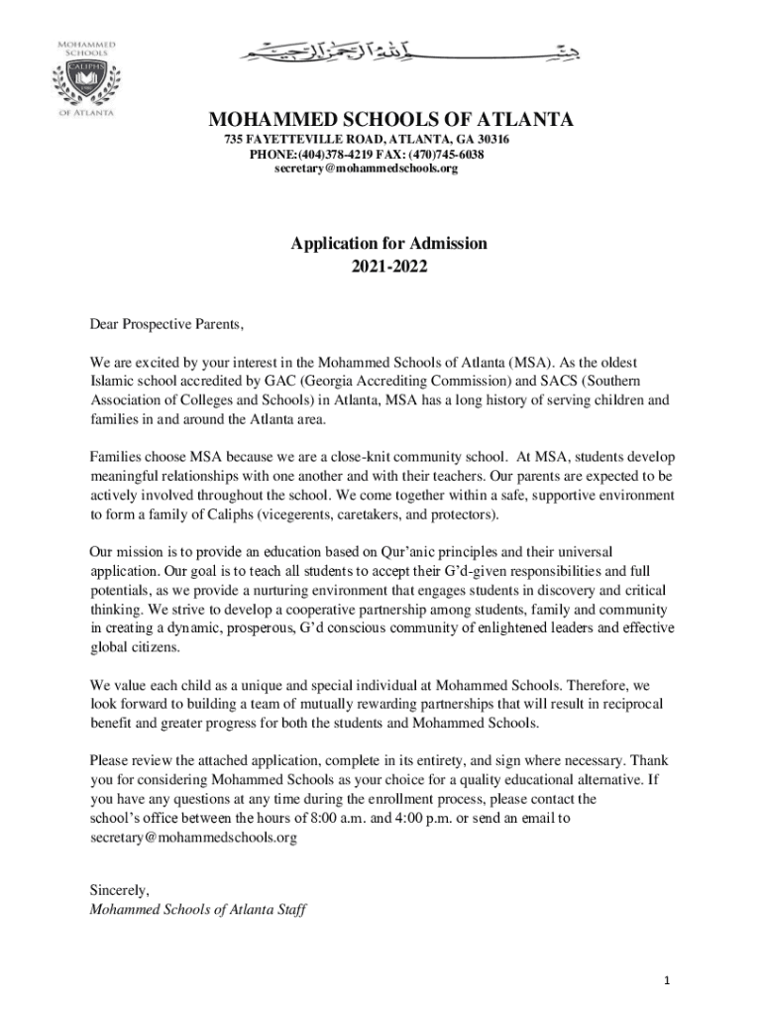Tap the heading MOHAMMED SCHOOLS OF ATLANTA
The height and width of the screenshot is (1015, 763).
click(x=389, y=121)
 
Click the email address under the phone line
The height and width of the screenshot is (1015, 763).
click(x=366, y=169)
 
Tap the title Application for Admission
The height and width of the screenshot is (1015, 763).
click(x=388, y=243)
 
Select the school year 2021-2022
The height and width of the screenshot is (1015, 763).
click(x=388, y=266)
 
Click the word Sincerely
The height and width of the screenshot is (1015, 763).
click(x=119, y=889)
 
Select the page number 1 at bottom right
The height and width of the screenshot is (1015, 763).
click(x=668, y=981)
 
